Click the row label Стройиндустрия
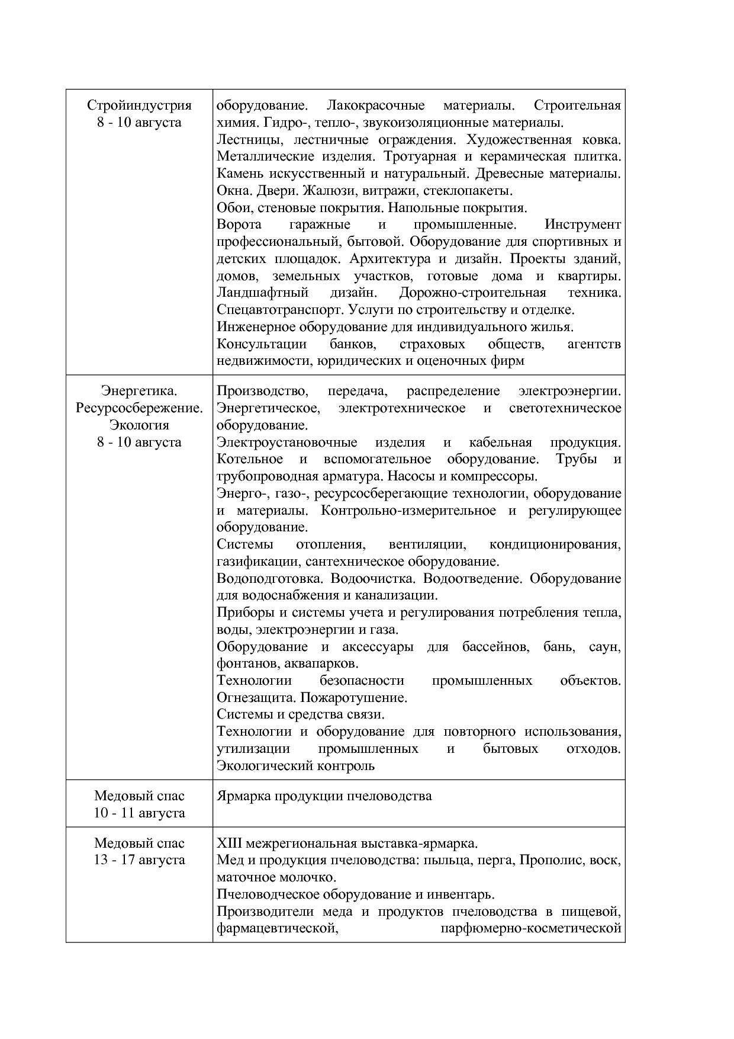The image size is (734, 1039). point(139,105)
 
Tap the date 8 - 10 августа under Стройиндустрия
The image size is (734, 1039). point(139,123)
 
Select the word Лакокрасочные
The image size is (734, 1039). point(375,105)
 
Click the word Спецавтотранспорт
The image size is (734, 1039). point(281,310)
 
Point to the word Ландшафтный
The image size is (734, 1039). point(263,293)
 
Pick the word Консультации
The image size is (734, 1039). point(262,344)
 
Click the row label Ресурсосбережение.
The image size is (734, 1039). point(139,408)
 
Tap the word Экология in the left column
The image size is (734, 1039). point(139,425)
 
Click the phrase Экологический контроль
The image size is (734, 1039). point(295,766)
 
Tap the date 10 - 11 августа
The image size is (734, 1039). point(139,813)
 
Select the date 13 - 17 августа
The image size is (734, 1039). point(139,860)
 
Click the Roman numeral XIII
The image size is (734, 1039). point(230,843)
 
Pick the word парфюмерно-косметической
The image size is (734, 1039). point(531,928)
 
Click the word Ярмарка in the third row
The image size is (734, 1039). point(243,796)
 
